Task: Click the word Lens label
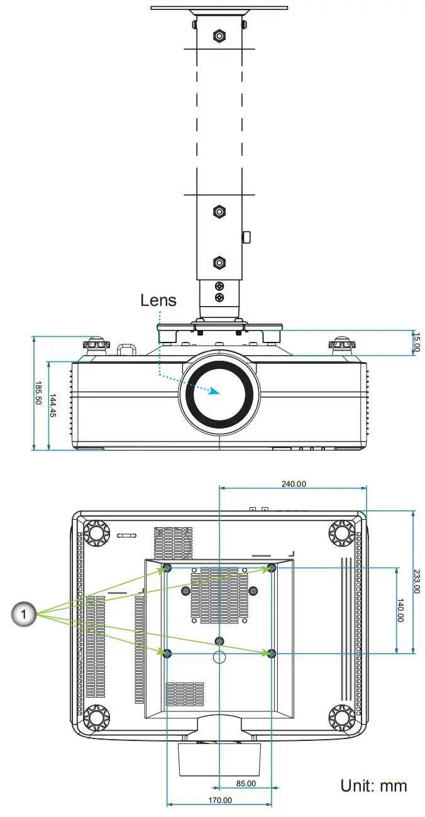158,300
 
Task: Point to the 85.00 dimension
245,783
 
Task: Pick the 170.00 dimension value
219,800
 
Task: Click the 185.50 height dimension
38,393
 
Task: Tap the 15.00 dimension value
416,343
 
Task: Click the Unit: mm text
373,785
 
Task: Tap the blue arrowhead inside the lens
214,390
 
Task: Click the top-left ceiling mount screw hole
167,569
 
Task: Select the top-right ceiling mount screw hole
272,568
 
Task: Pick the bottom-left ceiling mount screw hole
167,654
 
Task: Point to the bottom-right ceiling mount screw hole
272,654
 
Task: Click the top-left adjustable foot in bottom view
97,533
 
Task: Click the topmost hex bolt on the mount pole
218,36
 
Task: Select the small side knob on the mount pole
246,237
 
